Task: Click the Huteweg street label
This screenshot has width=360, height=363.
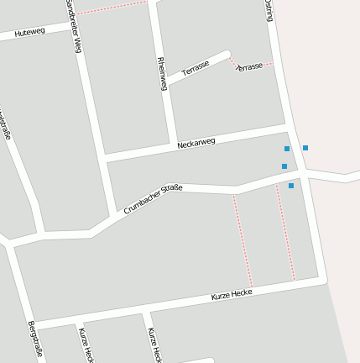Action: coord(29,33)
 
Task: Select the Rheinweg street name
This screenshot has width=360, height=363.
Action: coord(163,73)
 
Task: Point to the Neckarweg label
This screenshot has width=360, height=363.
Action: coord(196,143)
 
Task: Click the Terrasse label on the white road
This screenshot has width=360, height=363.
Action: coord(195,68)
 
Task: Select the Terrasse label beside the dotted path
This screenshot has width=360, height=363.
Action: coord(249,66)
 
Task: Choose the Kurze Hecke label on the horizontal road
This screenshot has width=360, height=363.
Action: coord(232,294)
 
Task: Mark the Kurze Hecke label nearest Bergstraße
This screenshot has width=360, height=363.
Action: coord(86,345)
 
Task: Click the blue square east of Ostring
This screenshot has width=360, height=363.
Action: coord(305,148)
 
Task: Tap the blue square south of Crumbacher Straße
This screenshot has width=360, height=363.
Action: coord(291,185)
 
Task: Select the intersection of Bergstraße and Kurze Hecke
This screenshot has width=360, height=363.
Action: coord(34,324)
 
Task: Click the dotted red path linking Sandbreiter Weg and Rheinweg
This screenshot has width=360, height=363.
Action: coord(114,8)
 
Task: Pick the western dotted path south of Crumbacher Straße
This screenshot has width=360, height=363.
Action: coord(243,240)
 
